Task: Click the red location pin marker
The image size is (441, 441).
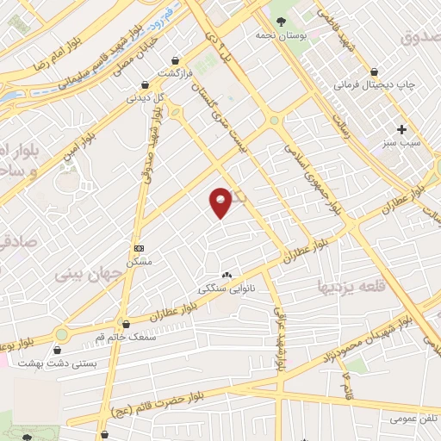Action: pos(221,202)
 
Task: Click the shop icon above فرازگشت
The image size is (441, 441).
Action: pos(177,61)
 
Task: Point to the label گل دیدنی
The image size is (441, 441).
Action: pos(145,97)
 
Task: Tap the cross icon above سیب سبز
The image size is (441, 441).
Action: pos(401,129)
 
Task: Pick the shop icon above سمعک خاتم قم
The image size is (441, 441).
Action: pos(127,324)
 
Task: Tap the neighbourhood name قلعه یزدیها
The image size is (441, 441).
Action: pos(351,285)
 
